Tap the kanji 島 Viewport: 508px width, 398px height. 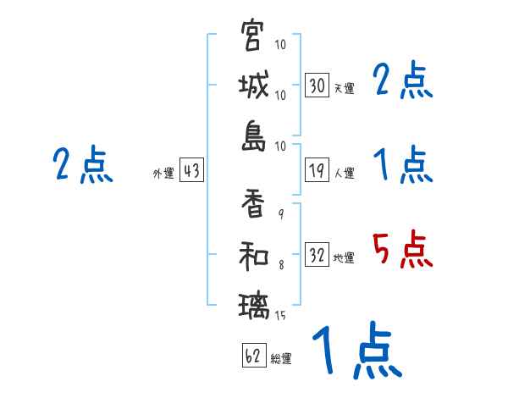click(253, 136)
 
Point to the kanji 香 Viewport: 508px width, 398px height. click(253, 203)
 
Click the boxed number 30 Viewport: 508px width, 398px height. click(317, 85)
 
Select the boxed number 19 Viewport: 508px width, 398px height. click(317, 171)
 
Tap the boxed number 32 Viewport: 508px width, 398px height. click(317, 256)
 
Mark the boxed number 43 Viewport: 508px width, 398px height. click(191, 171)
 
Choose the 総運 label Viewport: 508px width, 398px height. click(281, 359)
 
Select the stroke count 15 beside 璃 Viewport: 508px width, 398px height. click(280, 316)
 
